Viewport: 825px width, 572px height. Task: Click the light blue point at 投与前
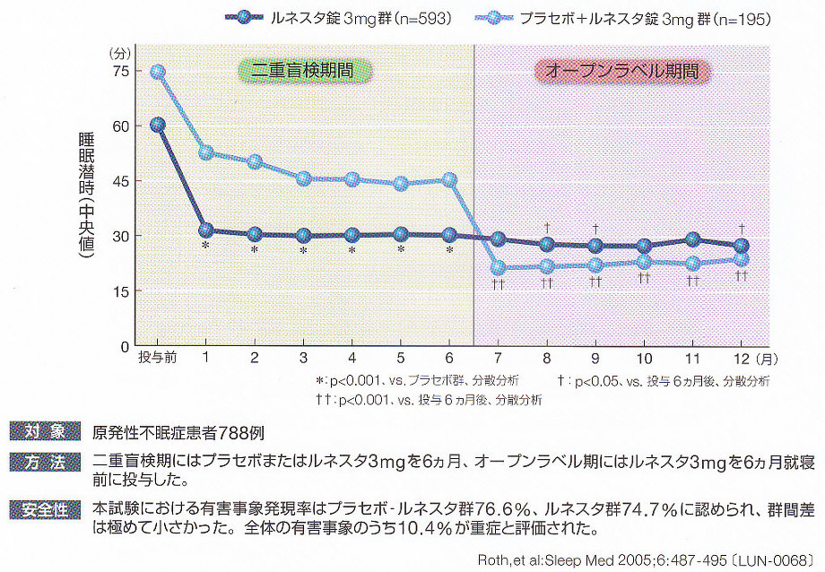[158, 72]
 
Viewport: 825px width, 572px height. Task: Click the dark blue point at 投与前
[158, 126]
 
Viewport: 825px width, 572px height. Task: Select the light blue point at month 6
[450, 180]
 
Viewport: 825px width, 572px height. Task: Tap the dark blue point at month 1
[205, 231]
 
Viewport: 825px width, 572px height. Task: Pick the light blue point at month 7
[499, 267]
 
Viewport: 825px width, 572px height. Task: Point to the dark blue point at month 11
[693, 239]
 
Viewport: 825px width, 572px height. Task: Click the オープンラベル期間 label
[616, 70]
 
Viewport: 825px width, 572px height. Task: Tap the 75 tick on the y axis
[118, 72]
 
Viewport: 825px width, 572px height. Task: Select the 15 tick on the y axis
[118, 291]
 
